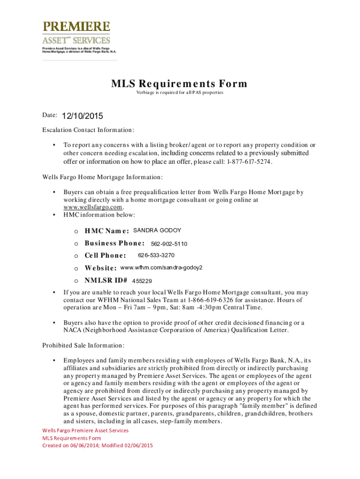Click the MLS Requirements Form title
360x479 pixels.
click(179, 84)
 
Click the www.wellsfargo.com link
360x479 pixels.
click(93, 207)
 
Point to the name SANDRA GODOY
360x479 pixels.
click(157, 230)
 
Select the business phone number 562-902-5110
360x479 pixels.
click(169, 244)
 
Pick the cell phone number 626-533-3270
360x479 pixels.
click(156, 255)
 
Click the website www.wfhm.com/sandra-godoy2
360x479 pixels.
click(161, 268)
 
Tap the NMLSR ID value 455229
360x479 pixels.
click(142, 281)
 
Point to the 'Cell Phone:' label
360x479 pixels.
click(105, 255)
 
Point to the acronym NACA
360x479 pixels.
click(72, 330)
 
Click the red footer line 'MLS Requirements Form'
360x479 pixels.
click(72, 438)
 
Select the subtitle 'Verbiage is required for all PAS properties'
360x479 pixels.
click(180, 93)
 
